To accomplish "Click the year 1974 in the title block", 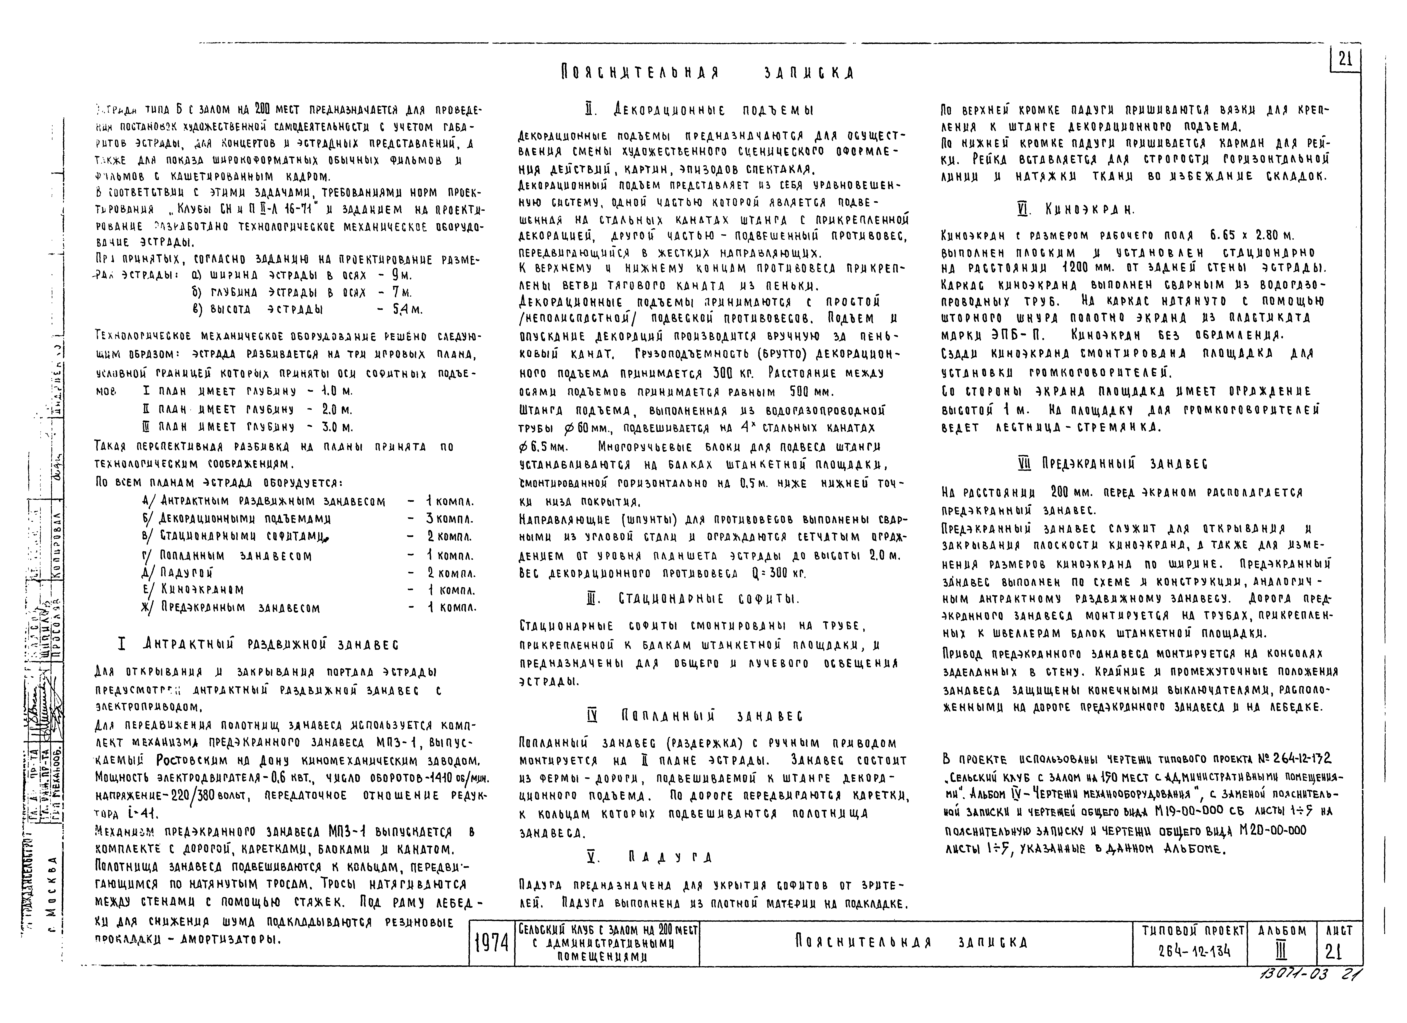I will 491,944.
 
